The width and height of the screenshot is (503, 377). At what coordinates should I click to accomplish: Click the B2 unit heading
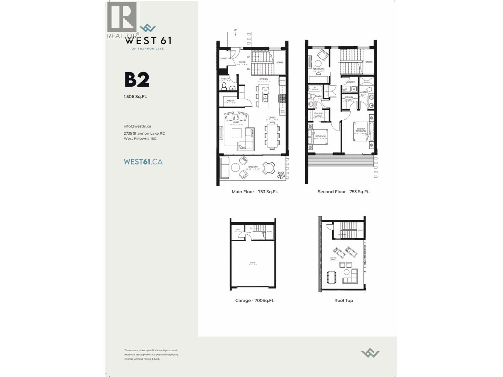[137, 80]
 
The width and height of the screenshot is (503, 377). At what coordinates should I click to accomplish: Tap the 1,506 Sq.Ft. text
[135, 96]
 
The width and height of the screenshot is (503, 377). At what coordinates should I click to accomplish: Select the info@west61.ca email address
[137, 126]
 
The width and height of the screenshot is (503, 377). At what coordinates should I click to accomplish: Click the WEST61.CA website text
[143, 162]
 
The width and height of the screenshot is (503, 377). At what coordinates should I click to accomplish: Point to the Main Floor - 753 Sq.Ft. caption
[255, 192]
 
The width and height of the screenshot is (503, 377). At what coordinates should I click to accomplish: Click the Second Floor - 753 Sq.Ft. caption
[344, 192]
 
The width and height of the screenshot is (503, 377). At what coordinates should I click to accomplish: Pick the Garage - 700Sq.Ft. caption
[255, 301]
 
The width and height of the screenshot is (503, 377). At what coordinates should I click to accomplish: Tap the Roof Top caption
[344, 301]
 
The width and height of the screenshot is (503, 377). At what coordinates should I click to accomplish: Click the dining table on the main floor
[272, 135]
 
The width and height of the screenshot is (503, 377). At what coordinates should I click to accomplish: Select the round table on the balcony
[268, 168]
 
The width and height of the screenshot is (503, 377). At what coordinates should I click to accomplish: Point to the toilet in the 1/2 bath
[224, 85]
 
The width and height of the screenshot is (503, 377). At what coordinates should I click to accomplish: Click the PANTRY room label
[230, 101]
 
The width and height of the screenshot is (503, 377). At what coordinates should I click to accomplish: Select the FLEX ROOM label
[318, 69]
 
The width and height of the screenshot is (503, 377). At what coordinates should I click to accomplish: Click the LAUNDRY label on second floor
[350, 82]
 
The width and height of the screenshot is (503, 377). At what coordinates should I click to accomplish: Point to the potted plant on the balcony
[280, 175]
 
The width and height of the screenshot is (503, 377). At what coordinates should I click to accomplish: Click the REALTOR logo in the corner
[122, 19]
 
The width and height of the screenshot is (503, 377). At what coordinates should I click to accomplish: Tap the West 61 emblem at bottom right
[370, 353]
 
